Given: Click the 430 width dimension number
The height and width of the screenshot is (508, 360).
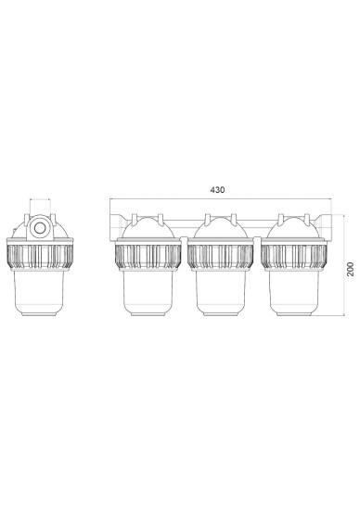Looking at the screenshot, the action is pos(217,190).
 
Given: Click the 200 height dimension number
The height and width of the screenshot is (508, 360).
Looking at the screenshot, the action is pos(351,269).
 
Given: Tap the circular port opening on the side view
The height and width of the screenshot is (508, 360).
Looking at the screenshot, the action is pos(40,227).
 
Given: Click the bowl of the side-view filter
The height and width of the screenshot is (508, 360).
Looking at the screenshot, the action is pos(40,292).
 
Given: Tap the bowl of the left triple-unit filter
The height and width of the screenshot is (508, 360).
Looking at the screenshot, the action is pos(148,292).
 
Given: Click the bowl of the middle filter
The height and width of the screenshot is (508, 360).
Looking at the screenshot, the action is pos(221,292).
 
